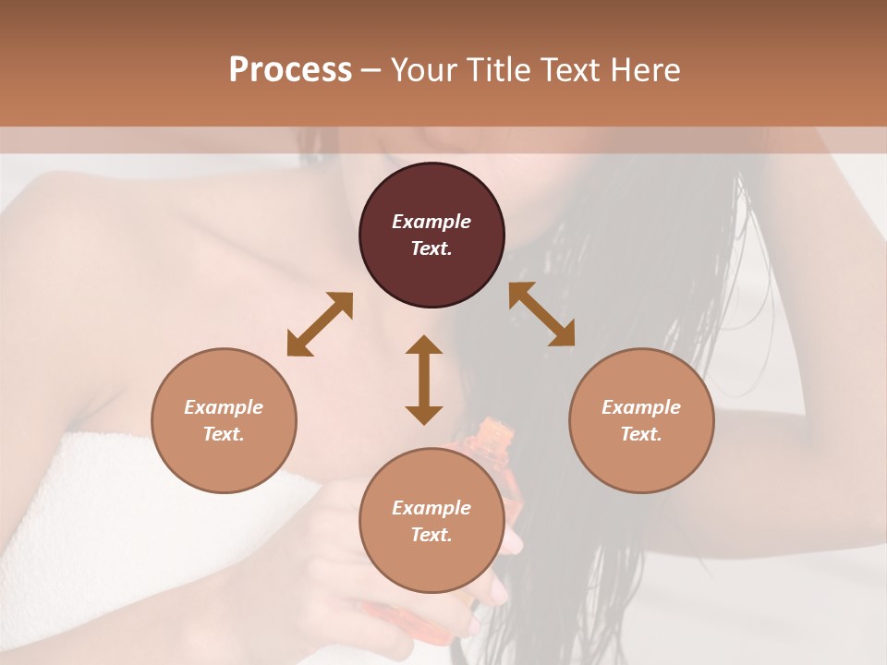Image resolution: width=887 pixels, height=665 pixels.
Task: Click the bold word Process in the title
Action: pyautogui.click(x=290, y=70)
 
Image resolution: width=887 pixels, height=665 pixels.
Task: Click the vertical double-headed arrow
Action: pyautogui.click(x=424, y=380)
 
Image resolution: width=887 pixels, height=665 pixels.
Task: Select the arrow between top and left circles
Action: pyautogui.click(x=320, y=323)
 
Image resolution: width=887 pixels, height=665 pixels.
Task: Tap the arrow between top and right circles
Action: pyautogui.click(x=542, y=314)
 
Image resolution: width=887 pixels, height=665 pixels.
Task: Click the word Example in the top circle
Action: pyautogui.click(x=431, y=222)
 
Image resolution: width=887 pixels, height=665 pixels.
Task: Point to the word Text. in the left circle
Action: pyautogui.click(x=224, y=434)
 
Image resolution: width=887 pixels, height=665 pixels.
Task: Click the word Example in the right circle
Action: pyautogui.click(x=641, y=407)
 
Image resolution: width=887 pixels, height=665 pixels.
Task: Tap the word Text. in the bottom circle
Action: pyautogui.click(x=431, y=535)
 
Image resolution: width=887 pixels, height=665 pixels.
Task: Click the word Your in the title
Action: pyautogui.click(x=420, y=70)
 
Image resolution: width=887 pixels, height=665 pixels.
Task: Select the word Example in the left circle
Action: pyautogui.click(x=224, y=407)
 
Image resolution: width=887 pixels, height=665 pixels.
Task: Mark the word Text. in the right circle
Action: pyautogui.click(x=641, y=434)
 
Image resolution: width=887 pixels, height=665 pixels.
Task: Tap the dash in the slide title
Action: pyautogui.click(x=371, y=70)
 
